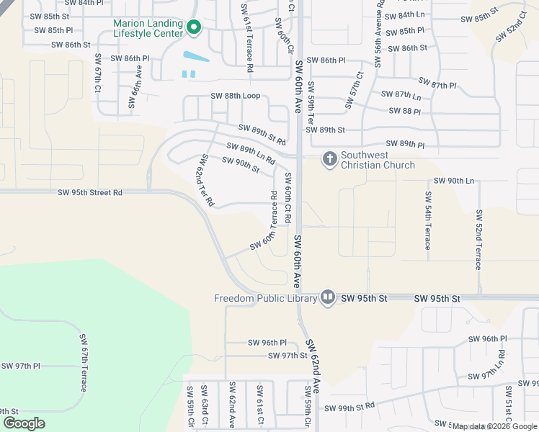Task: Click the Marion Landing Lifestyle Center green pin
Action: tap(193, 27)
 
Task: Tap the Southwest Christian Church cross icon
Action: tap(329, 158)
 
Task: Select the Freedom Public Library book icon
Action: tap(328, 297)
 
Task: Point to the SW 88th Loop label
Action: tap(235, 96)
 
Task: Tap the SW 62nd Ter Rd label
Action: tap(206, 180)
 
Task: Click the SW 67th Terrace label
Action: tap(84, 362)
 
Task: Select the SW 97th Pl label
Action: tap(21, 366)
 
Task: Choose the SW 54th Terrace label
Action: tap(428, 220)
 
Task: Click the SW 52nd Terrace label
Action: tap(478, 240)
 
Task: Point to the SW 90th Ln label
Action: tap(454, 181)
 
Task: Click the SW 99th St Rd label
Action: tap(349, 408)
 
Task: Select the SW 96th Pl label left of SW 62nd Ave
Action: tap(267, 343)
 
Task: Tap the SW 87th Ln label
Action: tap(401, 95)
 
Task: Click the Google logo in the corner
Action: tap(24, 423)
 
